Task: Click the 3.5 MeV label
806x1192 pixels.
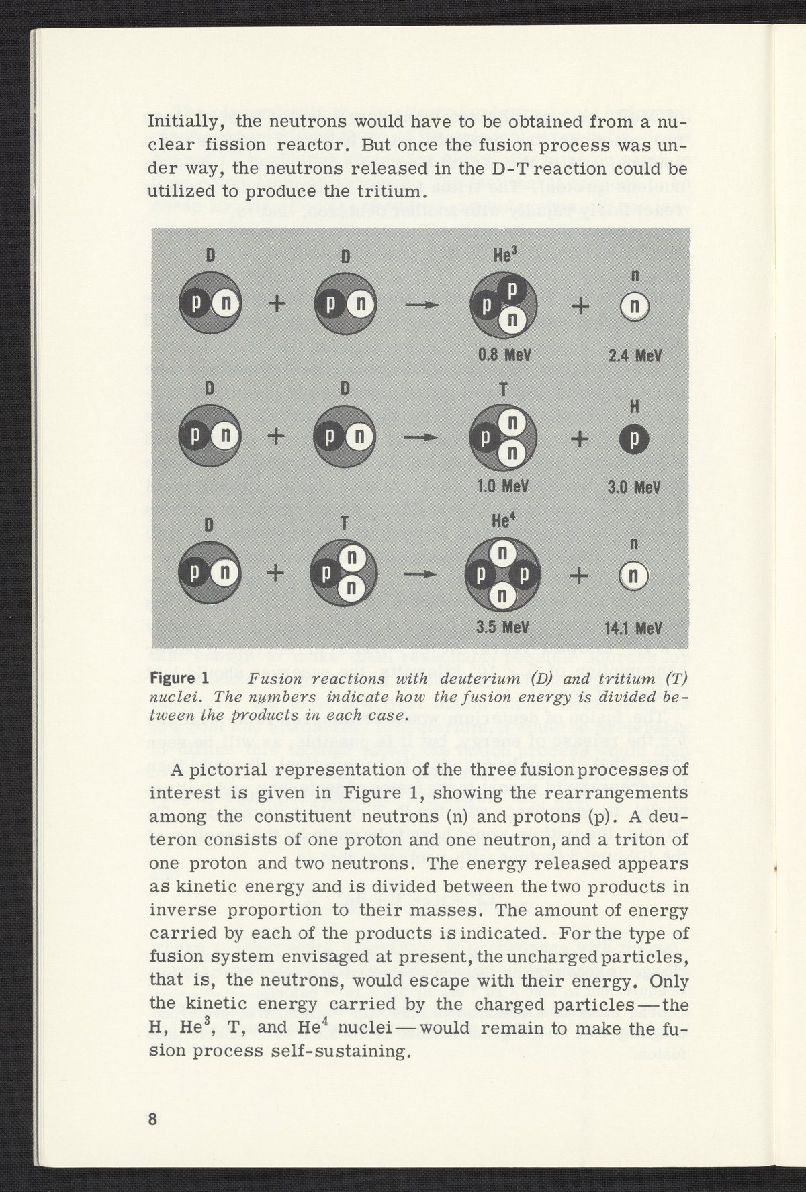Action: tap(503, 628)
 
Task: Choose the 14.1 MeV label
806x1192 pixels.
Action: tap(635, 629)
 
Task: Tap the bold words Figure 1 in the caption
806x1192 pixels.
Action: tap(177, 680)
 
